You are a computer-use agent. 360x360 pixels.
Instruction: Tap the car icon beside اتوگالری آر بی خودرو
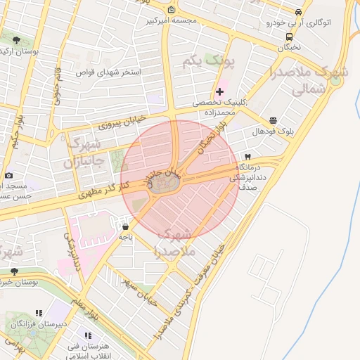(299, 12)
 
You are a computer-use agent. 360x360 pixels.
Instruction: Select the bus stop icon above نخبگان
(289, 37)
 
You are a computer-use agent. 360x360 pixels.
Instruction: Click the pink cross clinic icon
(220, 91)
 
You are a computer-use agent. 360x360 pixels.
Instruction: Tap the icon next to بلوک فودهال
(273, 120)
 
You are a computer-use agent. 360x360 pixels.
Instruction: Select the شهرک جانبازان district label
(86, 152)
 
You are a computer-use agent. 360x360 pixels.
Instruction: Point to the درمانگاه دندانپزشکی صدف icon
(247, 156)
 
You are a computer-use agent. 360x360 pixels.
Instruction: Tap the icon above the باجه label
(125, 227)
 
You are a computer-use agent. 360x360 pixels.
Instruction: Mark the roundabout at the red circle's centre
(165, 185)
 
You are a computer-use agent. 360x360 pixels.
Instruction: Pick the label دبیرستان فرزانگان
(42, 323)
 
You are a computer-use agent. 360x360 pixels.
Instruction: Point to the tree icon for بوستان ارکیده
(16, 40)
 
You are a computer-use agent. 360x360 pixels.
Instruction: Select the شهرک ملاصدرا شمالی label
(309, 80)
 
